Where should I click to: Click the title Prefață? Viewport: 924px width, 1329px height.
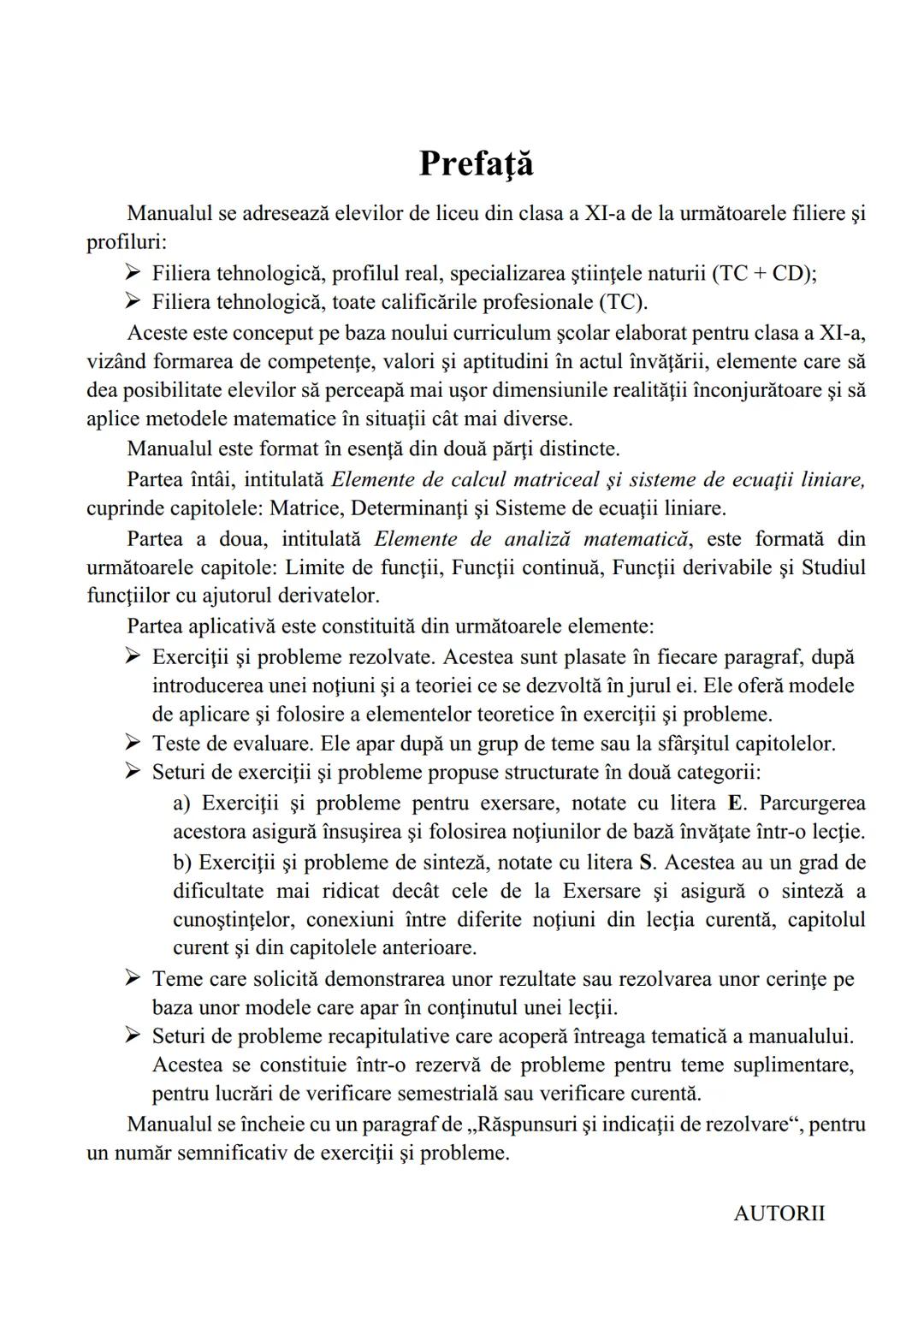pyautogui.click(x=476, y=163)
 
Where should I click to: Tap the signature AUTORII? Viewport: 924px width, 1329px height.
pyautogui.click(x=779, y=1213)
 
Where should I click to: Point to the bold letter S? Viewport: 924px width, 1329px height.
pyautogui.click(x=646, y=861)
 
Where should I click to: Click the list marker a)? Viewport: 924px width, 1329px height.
pyautogui.click(x=182, y=803)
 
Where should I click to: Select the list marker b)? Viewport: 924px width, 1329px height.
pyautogui.click(x=182, y=861)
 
